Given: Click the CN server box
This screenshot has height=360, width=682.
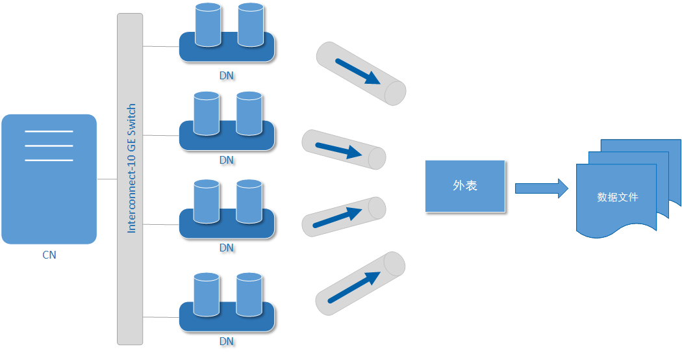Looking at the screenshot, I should (x=49, y=179).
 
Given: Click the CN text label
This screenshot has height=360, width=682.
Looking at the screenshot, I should (x=49, y=255).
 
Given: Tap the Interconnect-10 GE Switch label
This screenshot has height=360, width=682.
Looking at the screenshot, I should (x=131, y=168).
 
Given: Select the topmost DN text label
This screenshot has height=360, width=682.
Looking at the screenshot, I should (x=227, y=75).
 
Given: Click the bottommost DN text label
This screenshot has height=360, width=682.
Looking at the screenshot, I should (x=227, y=341).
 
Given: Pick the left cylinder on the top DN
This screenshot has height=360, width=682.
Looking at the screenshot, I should (x=208, y=25).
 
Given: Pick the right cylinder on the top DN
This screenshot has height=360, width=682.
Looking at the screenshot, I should (x=251, y=25).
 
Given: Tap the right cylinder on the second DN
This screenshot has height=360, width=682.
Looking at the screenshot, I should (x=249, y=113).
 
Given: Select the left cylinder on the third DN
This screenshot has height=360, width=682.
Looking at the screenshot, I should (x=207, y=201).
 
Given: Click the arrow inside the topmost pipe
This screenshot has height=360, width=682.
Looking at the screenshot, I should (x=358, y=71).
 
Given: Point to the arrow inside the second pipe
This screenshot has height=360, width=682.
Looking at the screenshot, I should (x=338, y=151).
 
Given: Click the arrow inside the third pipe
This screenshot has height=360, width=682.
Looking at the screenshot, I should (x=337, y=218).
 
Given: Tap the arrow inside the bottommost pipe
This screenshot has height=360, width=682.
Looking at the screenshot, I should (x=354, y=287).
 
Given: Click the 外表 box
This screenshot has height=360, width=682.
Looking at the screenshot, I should (x=465, y=186).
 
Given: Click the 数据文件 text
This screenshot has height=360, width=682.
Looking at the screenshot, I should (x=618, y=197).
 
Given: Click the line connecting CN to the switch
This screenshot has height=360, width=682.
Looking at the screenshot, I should (x=107, y=179).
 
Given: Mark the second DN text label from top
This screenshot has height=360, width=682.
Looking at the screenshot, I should (x=227, y=160).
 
